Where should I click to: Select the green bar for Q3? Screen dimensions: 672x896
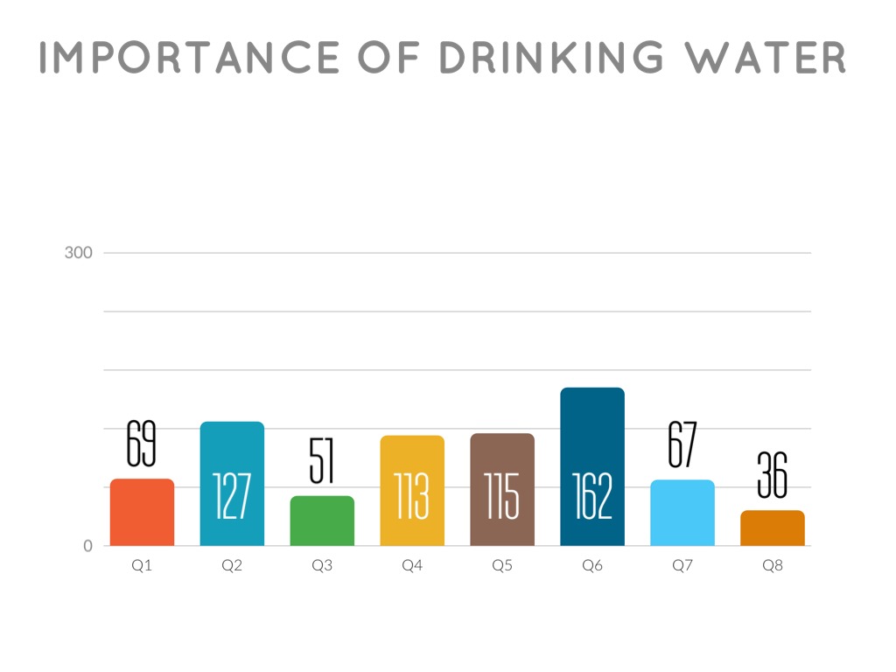pos(322,521)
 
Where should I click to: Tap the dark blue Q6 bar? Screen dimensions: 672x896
pos(592,437)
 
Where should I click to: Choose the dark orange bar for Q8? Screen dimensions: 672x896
pos(773,528)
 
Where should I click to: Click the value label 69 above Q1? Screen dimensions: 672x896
pos(141,444)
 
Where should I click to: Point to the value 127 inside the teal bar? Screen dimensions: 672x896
pos(232,496)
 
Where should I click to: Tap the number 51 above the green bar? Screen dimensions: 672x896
pos(322,461)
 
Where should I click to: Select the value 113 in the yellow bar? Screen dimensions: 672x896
pos(412,496)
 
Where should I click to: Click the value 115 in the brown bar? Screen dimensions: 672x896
pos(502,496)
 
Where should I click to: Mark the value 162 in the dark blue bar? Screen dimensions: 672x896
pos(592,496)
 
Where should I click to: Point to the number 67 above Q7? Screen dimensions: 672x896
pos(682,444)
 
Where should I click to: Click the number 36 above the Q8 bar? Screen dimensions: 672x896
pos(773,475)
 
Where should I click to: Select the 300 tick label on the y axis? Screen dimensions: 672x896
pos(79,254)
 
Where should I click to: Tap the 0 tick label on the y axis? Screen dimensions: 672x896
pos(87,546)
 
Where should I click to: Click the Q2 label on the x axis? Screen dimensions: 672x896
pos(232,566)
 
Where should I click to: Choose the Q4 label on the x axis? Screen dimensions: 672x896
pos(412,566)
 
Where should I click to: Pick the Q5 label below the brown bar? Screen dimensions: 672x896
pos(502,566)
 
